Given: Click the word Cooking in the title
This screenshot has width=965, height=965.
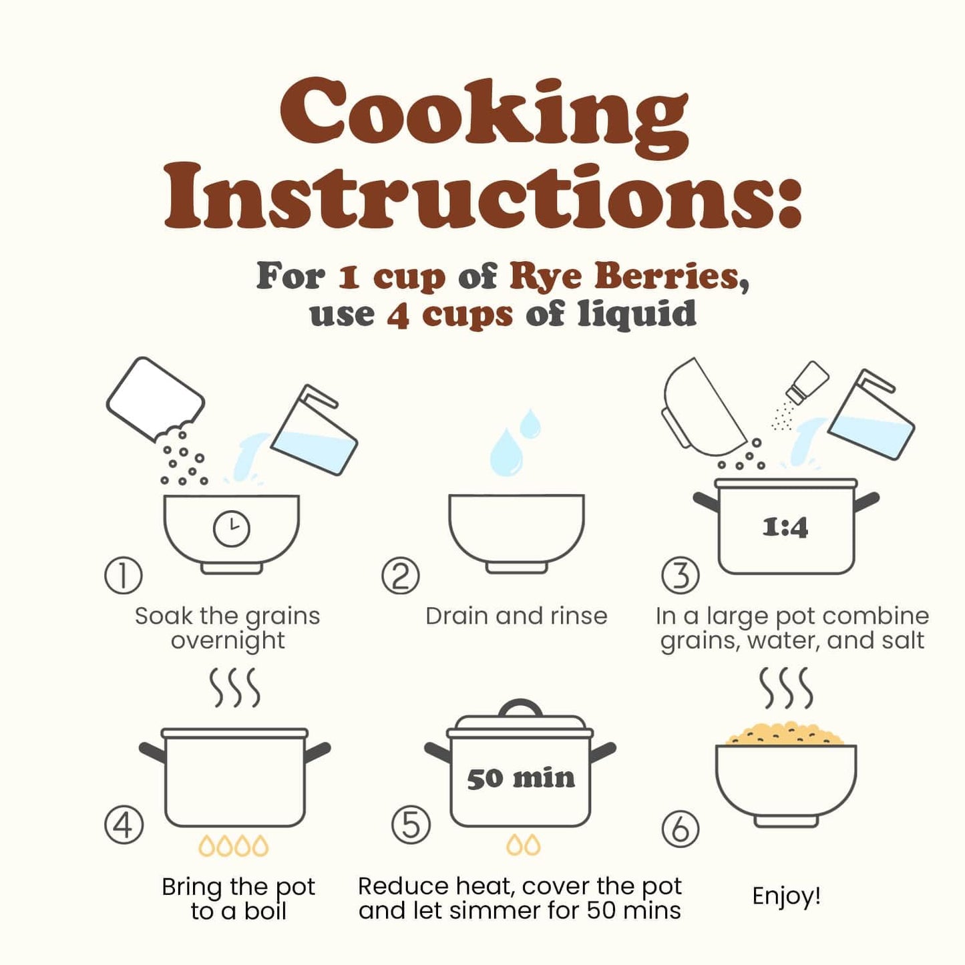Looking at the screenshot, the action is click(483, 116).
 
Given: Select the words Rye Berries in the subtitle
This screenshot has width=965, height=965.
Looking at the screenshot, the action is click(624, 276).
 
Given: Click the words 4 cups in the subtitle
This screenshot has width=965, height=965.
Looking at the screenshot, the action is click(449, 315).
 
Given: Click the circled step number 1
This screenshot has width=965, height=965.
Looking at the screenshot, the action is click(123, 576).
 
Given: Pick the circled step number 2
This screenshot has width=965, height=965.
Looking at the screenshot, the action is click(400, 576).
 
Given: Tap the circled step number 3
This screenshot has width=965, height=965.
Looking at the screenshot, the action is click(681, 576).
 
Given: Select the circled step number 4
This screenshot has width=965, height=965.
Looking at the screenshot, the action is click(124, 825).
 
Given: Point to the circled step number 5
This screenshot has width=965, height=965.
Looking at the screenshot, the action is click(411, 825).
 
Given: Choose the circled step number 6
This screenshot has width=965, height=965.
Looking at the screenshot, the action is click(681, 830).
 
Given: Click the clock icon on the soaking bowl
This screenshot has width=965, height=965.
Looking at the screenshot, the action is click(231, 528).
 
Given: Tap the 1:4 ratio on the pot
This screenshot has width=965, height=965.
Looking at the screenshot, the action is click(785, 528).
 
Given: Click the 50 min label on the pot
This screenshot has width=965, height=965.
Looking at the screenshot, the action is click(521, 779).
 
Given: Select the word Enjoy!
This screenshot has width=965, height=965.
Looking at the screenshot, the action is click(786, 896).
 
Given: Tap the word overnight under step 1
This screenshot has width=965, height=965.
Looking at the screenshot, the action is click(228, 640).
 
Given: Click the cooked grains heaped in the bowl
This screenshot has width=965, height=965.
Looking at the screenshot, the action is click(785, 733).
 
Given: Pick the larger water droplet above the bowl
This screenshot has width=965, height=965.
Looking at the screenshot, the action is click(506, 451).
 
